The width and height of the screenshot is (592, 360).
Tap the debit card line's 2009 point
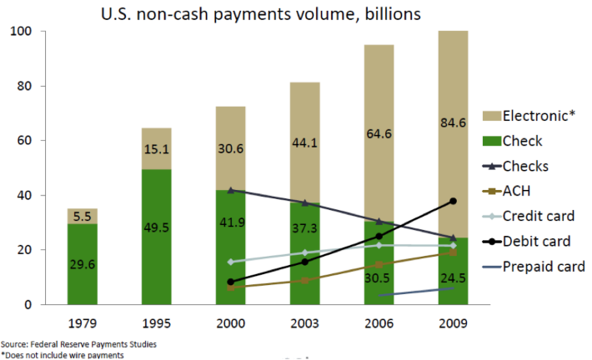pos(453,201)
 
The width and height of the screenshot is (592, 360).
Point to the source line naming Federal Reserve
pos(67,343)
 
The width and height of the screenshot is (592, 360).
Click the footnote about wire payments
pos(63,355)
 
